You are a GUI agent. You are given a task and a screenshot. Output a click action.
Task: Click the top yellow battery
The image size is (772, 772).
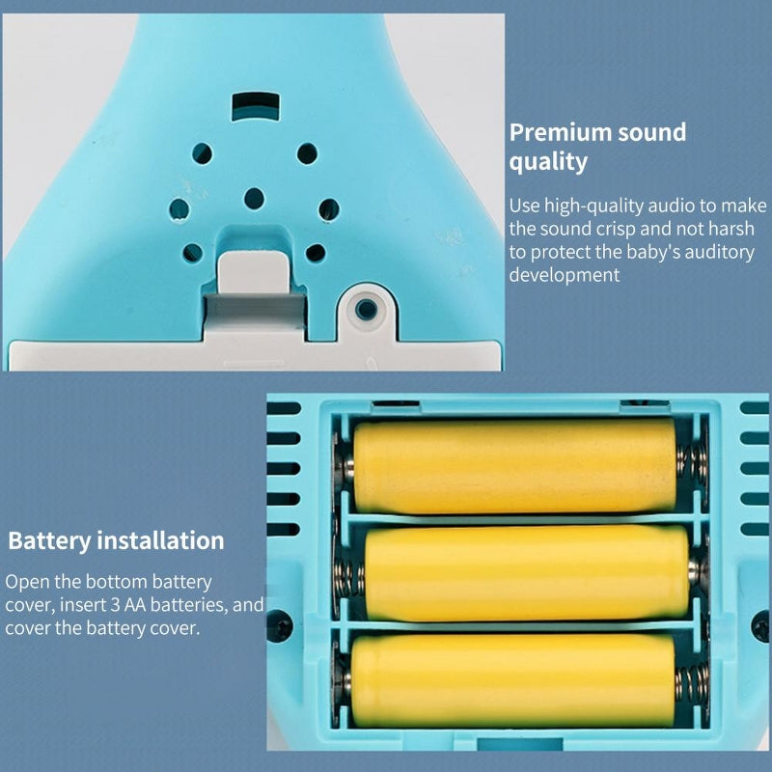514,465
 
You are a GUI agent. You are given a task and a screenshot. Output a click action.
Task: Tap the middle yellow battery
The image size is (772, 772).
527,573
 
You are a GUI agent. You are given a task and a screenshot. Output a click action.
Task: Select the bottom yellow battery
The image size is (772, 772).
513,681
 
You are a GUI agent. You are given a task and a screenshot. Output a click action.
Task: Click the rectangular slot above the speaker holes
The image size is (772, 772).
256,106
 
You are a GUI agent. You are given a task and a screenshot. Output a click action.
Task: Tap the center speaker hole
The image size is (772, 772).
254,199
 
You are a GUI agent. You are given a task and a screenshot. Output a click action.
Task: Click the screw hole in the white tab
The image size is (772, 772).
366,309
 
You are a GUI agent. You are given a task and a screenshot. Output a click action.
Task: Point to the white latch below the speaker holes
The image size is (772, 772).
254,272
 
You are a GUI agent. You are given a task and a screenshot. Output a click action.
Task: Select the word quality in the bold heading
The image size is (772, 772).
548,162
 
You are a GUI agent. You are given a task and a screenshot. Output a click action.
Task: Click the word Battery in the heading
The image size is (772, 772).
49,540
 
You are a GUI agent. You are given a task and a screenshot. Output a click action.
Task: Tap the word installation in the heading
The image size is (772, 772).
160,540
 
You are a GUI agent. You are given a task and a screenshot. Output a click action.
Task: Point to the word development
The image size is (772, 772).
565,275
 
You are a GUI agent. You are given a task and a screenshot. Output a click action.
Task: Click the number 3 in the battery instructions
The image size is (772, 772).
115,605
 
